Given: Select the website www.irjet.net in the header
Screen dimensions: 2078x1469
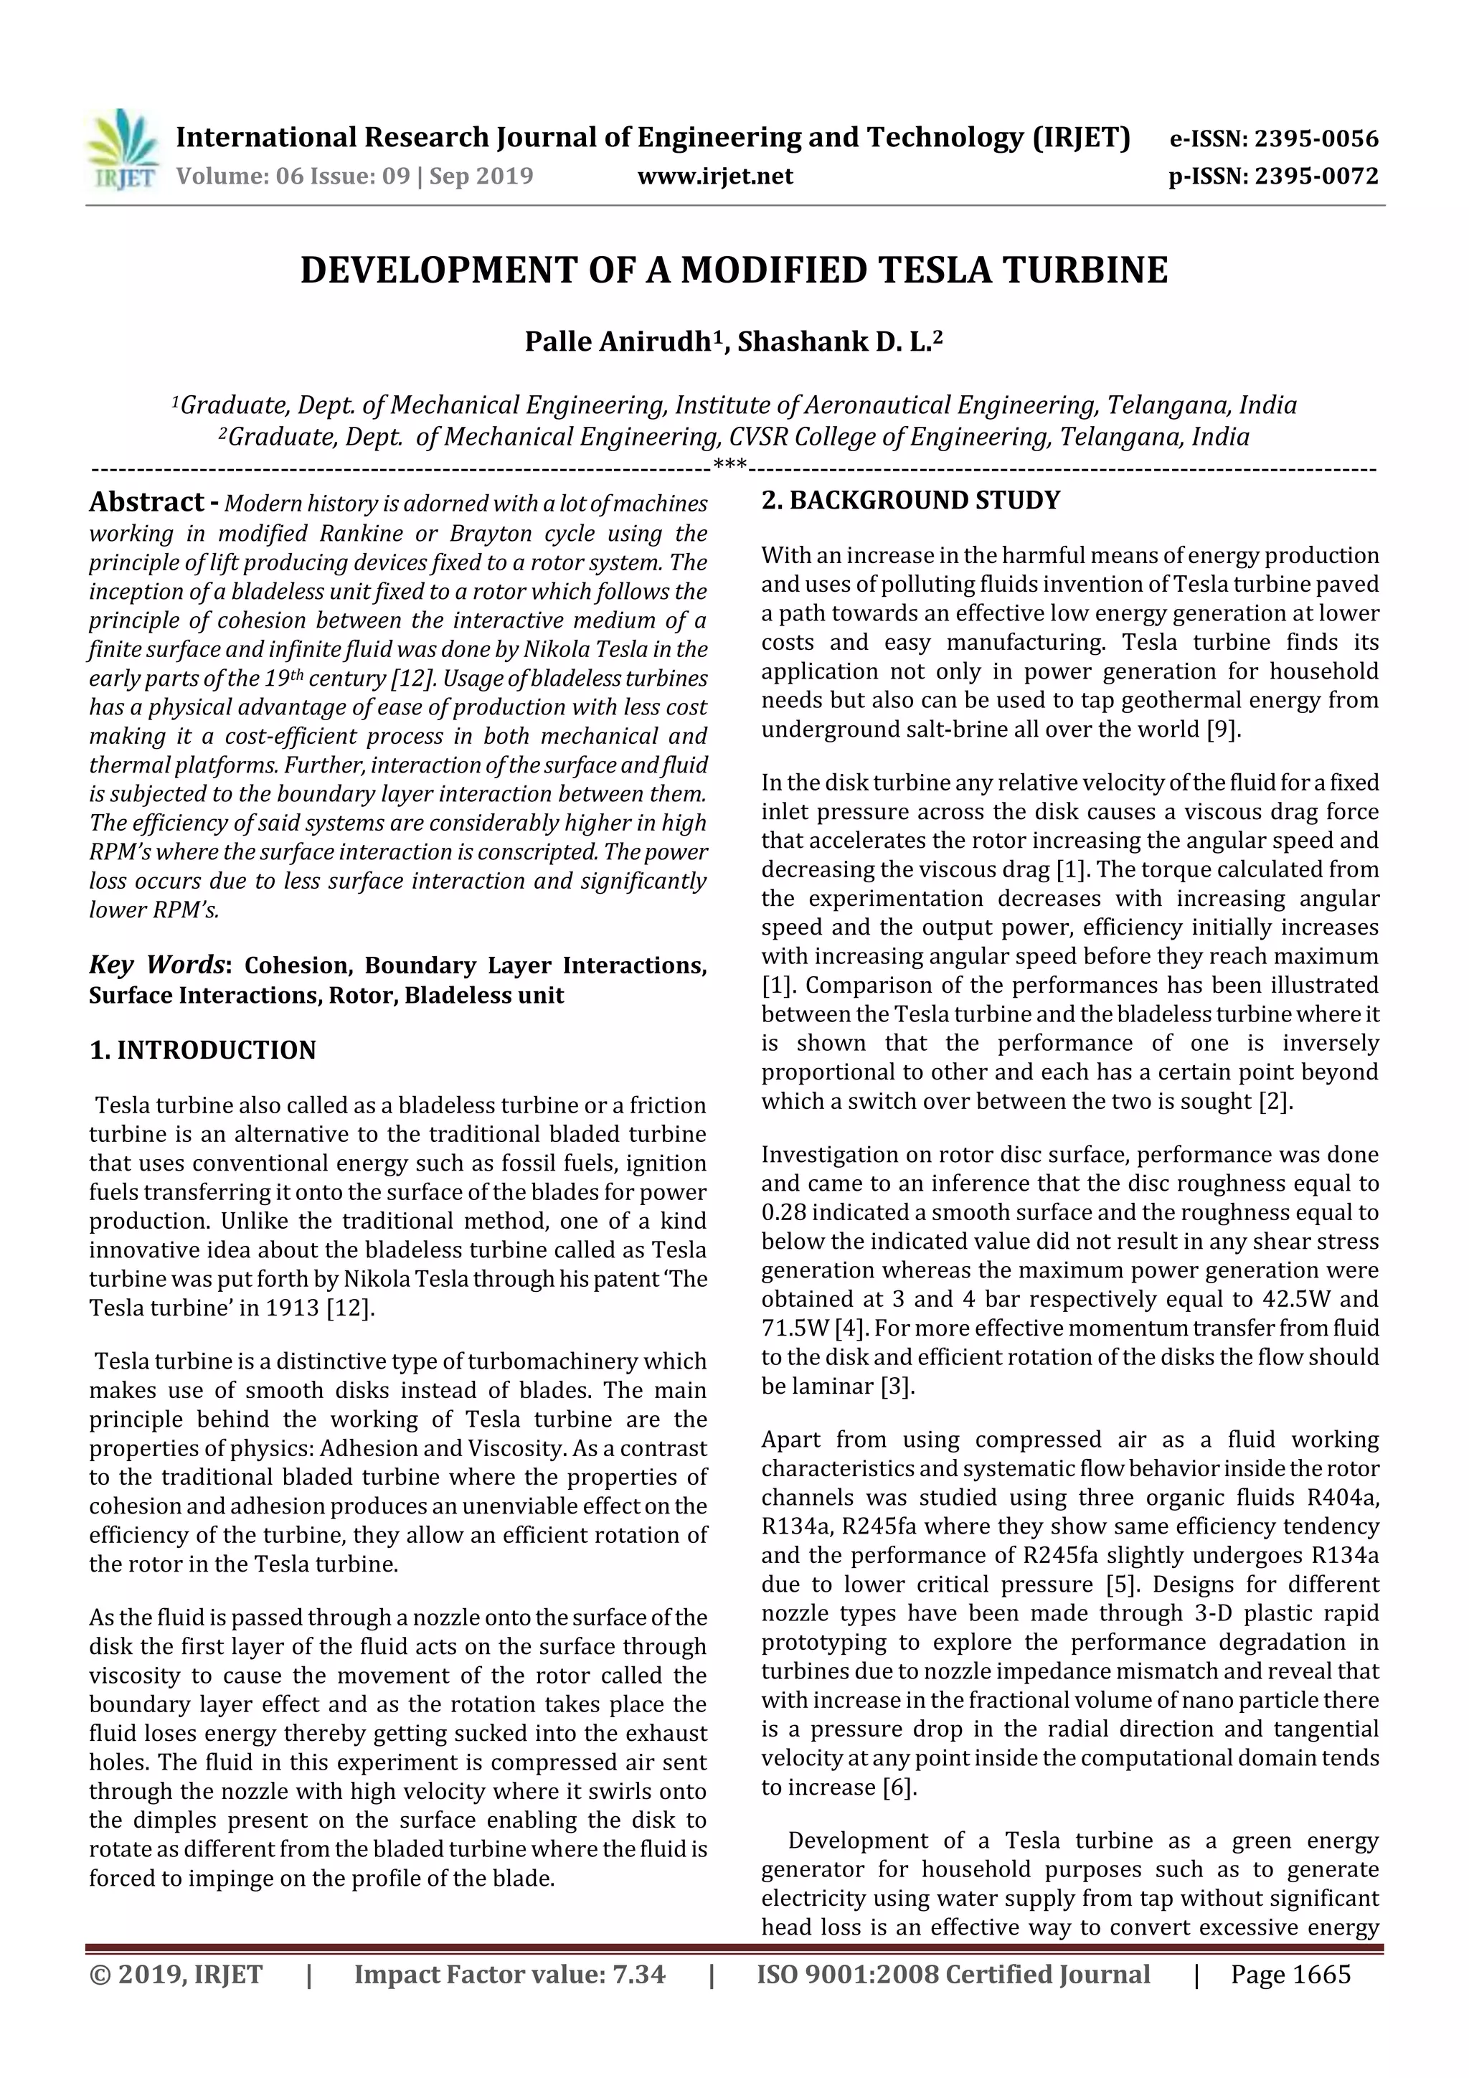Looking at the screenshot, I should click(x=715, y=176).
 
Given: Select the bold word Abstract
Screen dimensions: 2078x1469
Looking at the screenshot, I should click(x=146, y=502).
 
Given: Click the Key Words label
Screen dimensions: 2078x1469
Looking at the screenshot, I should click(x=156, y=965).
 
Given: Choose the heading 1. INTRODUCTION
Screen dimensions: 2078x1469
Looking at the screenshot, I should click(x=203, y=1050).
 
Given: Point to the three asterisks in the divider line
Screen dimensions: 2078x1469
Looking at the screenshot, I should click(x=729, y=466).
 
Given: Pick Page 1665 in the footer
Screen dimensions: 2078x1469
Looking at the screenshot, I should click(x=1290, y=1992).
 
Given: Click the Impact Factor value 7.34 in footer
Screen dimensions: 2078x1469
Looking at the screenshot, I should click(x=639, y=1992).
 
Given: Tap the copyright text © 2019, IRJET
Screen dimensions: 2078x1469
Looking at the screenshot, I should click(x=176, y=1992).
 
